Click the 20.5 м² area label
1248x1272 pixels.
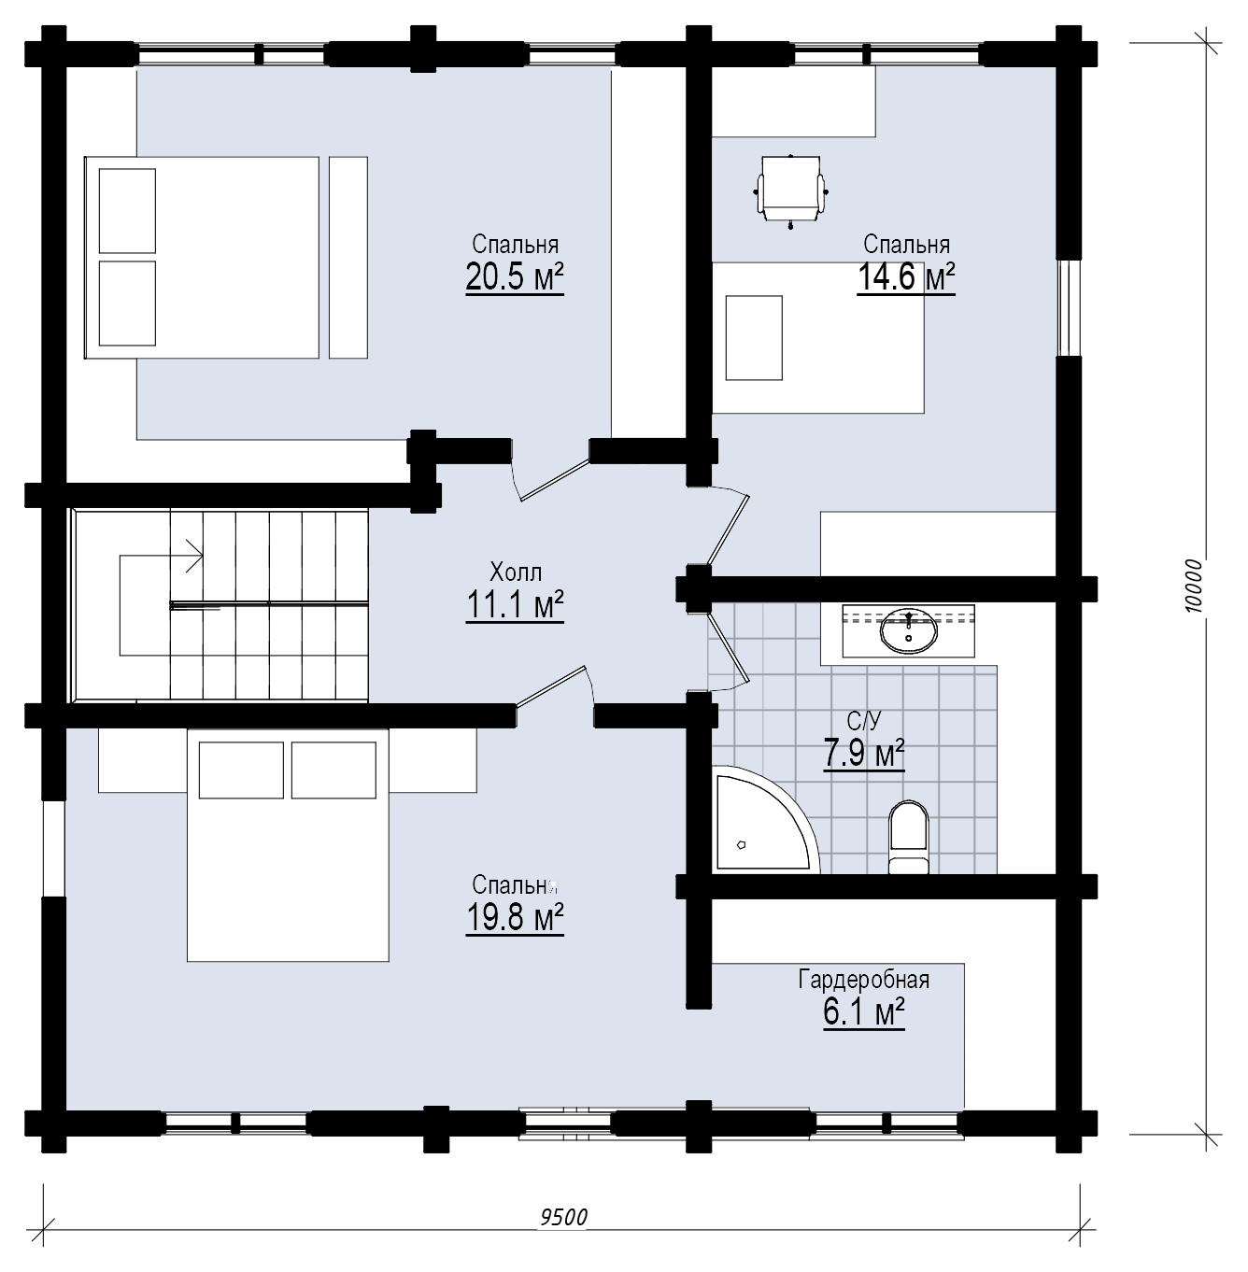tap(515, 276)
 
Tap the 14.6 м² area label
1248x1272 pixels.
tap(906, 276)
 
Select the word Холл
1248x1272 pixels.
tap(516, 572)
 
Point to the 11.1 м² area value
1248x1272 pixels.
tap(515, 604)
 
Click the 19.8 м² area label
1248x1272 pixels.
tap(515, 917)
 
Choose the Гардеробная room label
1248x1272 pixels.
tap(864, 980)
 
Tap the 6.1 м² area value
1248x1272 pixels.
tap(864, 1012)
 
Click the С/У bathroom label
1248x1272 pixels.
tap(864, 721)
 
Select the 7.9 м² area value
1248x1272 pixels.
tap(864, 754)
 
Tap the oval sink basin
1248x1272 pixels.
tap(909, 631)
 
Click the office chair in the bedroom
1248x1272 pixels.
tap(791, 191)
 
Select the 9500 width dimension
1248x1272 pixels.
tap(564, 1217)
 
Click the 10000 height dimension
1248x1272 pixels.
tap(1193, 587)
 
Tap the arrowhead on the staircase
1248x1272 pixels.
tap(195, 556)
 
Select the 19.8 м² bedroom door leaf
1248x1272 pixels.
tap(552, 686)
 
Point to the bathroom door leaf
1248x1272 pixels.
tap(729, 647)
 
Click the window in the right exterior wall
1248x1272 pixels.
tap(1069, 307)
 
